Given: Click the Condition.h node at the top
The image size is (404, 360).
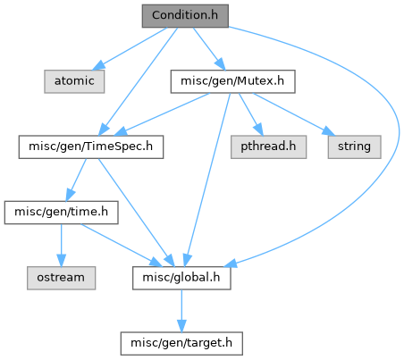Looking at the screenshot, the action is point(185,16).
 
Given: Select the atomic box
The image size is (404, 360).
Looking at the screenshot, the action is point(74,81).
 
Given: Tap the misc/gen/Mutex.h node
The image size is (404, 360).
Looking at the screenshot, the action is point(232,81).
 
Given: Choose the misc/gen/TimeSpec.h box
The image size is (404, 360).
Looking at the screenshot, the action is point(91,147).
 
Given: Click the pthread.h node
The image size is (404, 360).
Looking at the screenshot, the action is point(268,147).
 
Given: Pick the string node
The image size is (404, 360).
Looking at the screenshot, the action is point(354,147).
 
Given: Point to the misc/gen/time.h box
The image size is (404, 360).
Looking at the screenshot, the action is point(61,213).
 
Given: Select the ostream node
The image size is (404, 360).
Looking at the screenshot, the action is point(61,278).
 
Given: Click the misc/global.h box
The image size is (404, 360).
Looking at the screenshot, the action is point(181,278).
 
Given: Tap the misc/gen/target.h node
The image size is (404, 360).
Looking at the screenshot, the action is point(181,344).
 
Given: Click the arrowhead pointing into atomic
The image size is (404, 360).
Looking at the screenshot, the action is point(98,65).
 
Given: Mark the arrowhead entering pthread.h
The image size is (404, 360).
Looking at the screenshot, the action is point(259,130).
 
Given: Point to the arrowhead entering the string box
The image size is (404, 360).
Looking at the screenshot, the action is point(329,131).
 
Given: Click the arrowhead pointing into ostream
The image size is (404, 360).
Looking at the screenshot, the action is point(61,261).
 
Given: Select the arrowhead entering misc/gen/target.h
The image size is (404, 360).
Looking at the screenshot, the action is point(181,326).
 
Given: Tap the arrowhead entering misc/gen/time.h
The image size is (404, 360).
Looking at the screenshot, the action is point(71,196).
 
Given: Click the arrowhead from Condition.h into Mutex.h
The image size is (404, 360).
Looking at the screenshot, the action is point(221,64).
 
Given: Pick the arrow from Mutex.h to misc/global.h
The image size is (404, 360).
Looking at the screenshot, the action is point(207,180).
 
